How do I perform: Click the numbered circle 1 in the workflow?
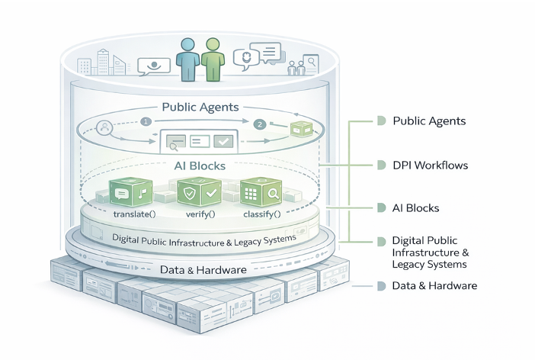[x=146, y=121]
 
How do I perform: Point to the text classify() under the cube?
[x=261, y=214]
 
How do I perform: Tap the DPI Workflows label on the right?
[x=429, y=165]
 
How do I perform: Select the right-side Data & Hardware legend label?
[x=434, y=285]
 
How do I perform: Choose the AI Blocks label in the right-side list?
[x=415, y=207]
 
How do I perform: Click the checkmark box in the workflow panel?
[x=223, y=141]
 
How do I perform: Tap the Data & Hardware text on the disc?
[x=202, y=269]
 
